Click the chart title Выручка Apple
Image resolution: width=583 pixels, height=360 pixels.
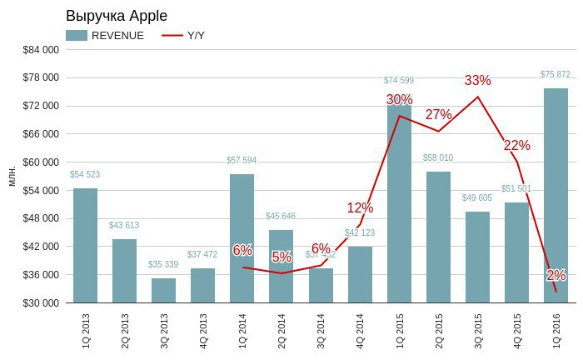pyautogui.click(x=116, y=16)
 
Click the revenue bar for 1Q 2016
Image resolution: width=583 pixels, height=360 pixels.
pyautogui.click(x=556, y=195)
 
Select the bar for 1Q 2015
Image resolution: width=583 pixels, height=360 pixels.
pyautogui.click(x=399, y=204)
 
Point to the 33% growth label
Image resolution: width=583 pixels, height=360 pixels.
pyautogui.click(x=478, y=81)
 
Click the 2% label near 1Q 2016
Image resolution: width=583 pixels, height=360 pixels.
pyautogui.click(x=556, y=275)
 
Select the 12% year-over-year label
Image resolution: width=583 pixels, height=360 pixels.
pyautogui.click(x=360, y=207)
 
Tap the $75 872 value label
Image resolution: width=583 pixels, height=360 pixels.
pyautogui.click(x=556, y=75)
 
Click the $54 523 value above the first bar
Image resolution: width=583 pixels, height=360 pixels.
pyautogui.click(x=85, y=175)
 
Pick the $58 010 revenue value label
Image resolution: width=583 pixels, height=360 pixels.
pyautogui.click(x=438, y=157)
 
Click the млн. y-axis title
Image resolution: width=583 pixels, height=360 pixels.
pyautogui.click(x=12, y=176)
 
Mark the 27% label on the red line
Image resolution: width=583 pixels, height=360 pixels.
pyautogui.click(x=438, y=115)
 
